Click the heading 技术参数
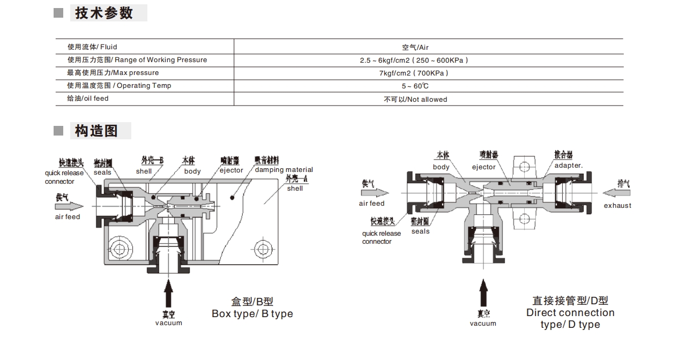(104, 13)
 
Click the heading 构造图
(96, 131)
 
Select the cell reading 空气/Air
(415, 47)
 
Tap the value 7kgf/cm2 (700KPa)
(410, 73)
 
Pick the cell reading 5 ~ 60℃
(415, 86)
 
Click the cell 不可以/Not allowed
(415, 99)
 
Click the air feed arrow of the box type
(69, 206)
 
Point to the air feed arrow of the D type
(375, 192)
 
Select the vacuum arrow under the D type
(483, 294)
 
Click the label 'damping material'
(284, 170)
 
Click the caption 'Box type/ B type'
(252, 314)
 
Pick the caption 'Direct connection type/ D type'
(570, 318)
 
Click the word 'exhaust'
(617, 206)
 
